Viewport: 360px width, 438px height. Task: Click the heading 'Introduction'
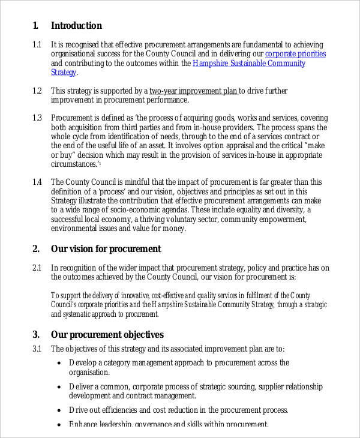click(76, 26)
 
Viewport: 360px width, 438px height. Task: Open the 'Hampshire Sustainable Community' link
click(248, 63)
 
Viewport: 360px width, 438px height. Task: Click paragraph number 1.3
click(37, 118)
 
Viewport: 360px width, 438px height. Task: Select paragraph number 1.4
click(37, 182)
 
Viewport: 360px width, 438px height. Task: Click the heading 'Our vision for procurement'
click(106, 248)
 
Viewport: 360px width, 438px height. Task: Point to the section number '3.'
click(36, 335)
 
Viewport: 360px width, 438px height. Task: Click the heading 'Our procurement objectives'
click(107, 335)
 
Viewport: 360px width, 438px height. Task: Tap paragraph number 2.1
click(37, 268)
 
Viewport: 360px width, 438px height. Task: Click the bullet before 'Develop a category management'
click(59, 363)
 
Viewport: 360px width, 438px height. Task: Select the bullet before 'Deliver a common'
click(59, 387)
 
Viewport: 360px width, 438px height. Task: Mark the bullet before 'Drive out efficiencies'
click(59, 410)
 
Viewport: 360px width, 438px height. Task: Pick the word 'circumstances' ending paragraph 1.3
click(74, 164)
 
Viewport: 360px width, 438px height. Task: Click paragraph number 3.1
click(37, 349)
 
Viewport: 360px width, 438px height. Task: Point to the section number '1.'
click(35, 26)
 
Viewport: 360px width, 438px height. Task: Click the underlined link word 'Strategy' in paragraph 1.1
click(64, 73)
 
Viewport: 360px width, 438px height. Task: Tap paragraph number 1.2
click(37, 91)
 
